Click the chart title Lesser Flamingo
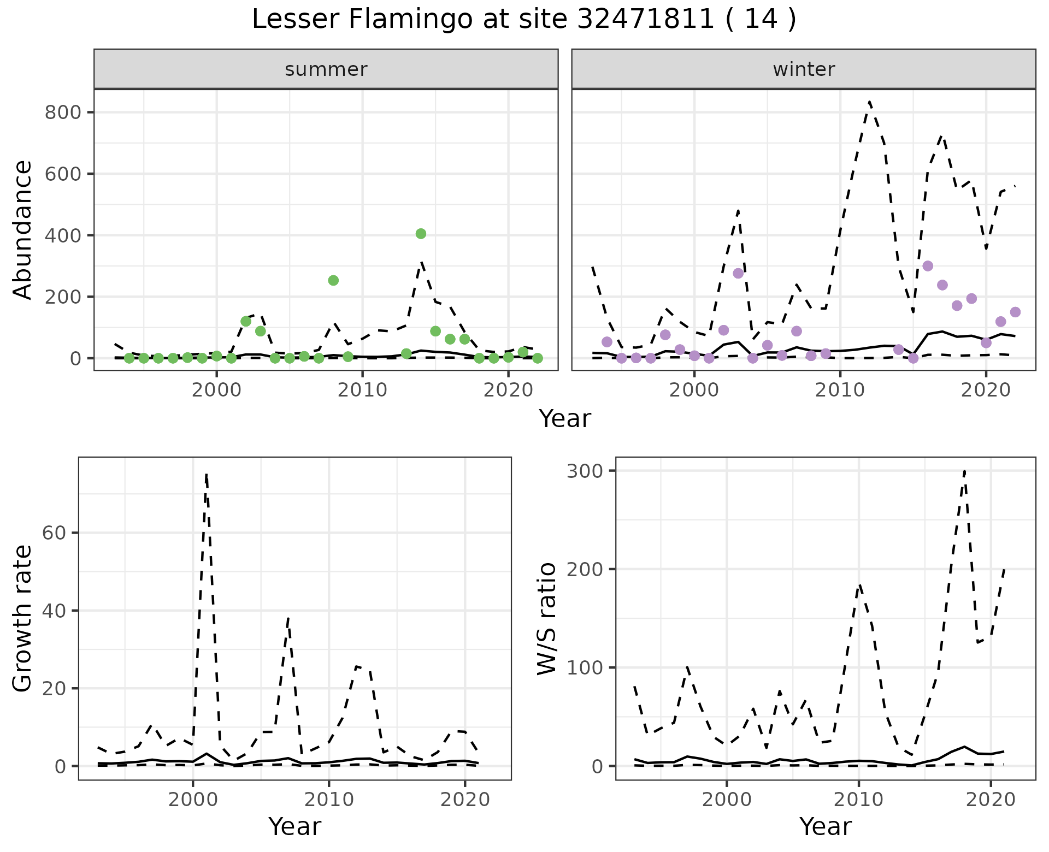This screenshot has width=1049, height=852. [x=523, y=20]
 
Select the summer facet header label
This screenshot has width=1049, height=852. [x=326, y=69]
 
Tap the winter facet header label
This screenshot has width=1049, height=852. [x=804, y=69]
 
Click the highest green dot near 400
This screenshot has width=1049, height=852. [x=421, y=234]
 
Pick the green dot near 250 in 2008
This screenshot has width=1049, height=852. [x=333, y=280]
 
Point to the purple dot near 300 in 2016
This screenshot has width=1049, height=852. [x=928, y=266]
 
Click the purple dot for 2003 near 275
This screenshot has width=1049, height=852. [x=738, y=273]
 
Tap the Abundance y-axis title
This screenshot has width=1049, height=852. [x=23, y=229]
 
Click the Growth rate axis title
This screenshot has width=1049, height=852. [x=23, y=618]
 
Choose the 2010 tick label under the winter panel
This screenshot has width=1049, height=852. [x=840, y=390]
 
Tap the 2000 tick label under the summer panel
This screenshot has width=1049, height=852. [x=216, y=390]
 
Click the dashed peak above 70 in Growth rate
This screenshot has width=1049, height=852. [x=206, y=474]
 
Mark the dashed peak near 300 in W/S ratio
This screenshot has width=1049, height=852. [x=965, y=470]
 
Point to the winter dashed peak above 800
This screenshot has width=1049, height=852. [x=869, y=102]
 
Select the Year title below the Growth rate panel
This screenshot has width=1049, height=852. [x=295, y=827]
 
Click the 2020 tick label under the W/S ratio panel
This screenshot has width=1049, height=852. [x=991, y=800]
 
